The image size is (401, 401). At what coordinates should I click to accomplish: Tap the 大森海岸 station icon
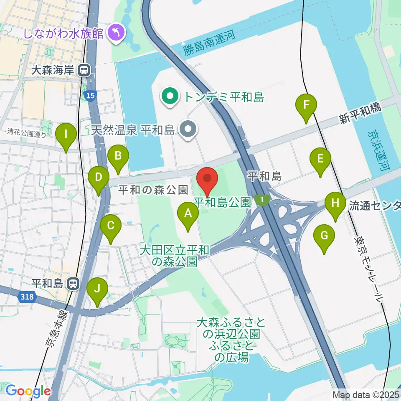coord(85,70)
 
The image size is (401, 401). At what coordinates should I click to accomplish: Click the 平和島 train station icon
coord(73,284)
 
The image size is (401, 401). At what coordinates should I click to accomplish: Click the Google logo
coord(28,391)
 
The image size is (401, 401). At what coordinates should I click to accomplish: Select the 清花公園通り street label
coord(27,134)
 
